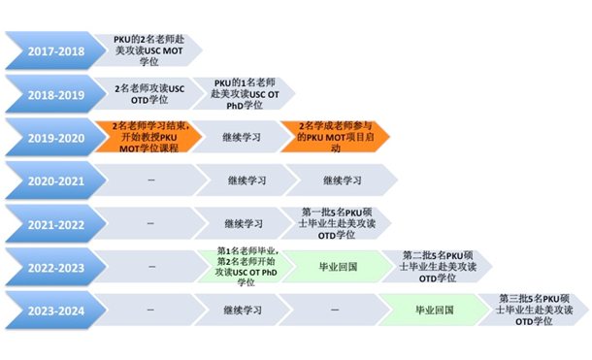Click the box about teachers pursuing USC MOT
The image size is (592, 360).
149,49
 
